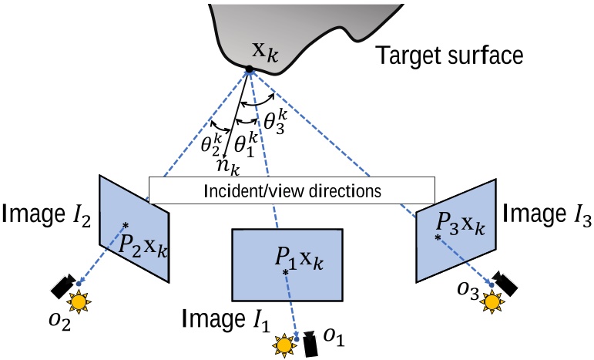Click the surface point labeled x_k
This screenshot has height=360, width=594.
249,71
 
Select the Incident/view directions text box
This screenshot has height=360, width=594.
292,190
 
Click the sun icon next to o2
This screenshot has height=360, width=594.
79,301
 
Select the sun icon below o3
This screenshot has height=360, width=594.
491,301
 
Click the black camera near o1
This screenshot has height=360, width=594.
312,344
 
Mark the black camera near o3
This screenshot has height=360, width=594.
505,283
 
